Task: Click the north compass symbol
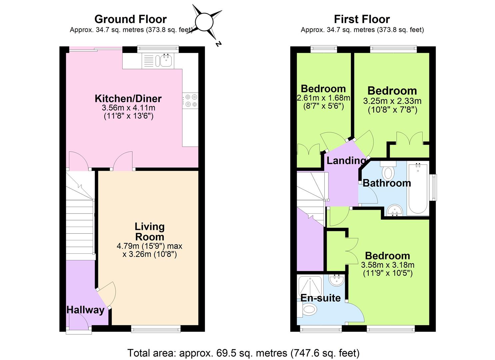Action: [x=204, y=23]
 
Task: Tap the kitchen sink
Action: [x=165, y=61]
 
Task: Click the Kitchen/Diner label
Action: [x=128, y=98]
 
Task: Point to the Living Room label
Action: [x=149, y=232]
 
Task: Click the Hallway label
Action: [x=85, y=310]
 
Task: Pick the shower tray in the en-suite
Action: [x=310, y=285]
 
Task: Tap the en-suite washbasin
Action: [x=336, y=280]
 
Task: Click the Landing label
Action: [x=346, y=161]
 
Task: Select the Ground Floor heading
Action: [x=130, y=19]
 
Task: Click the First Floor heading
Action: [x=362, y=19]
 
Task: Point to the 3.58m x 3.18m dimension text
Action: [x=388, y=265]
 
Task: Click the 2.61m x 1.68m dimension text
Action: [x=323, y=98]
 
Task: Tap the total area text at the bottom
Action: [x=243, y=353]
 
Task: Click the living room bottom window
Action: [x=156, y=329]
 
